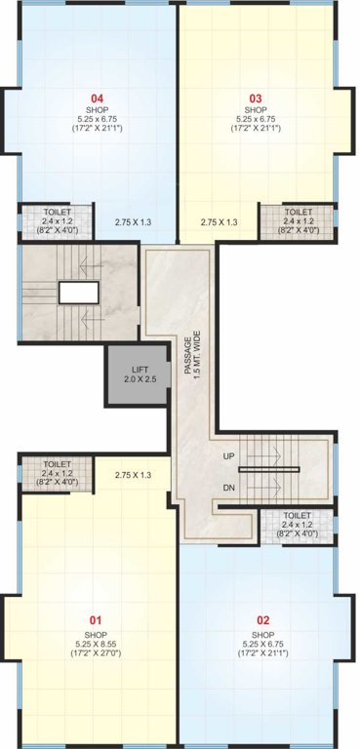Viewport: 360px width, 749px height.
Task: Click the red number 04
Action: [x=98, y=98]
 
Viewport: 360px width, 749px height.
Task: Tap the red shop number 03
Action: [x=256, y=98]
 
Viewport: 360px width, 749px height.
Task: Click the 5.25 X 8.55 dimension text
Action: [x=96, y=644]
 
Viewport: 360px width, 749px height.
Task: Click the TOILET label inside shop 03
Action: [x=299, y=212]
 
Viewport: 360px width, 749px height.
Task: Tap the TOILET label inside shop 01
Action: [x=57, y=464]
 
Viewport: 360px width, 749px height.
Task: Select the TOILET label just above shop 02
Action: [x=299, y=515]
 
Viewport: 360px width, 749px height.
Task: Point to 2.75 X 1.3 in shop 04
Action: [x=135, y=222]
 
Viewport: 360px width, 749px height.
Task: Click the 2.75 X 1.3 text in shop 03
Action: [x=220, y=222]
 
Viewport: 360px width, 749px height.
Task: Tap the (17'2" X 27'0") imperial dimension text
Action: [x=96, y=654]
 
